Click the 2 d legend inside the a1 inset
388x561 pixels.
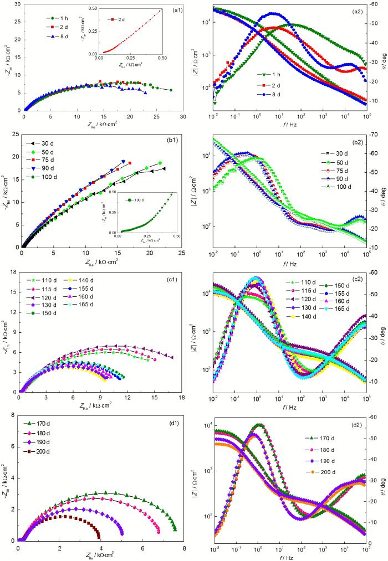(x=120, y=19)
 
